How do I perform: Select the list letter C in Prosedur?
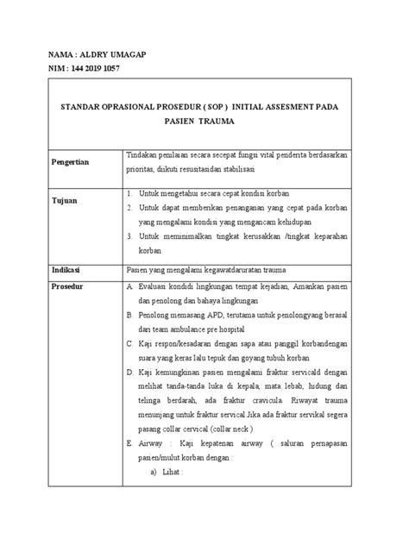[x=129, y=343]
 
